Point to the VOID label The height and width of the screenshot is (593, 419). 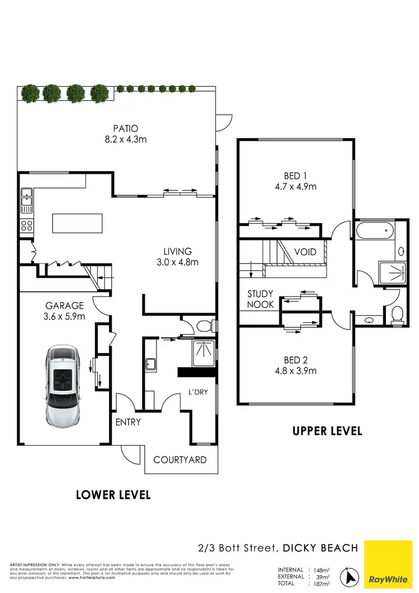305,252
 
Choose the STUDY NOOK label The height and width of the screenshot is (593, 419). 260,299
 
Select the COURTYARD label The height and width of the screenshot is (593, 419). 180,460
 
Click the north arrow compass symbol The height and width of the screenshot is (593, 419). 350,575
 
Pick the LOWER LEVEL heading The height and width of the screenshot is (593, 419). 113,495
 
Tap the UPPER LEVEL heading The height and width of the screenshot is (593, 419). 327,431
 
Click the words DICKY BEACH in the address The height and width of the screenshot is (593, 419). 320,548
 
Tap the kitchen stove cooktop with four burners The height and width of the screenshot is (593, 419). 26,226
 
